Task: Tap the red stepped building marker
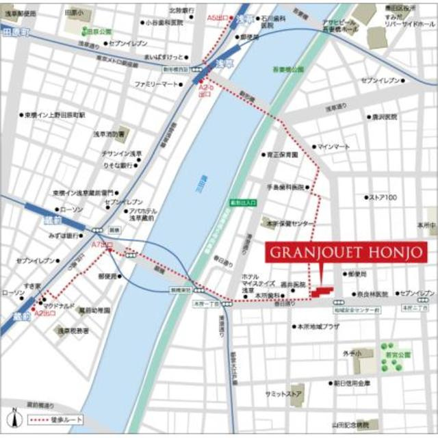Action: pos(323,292)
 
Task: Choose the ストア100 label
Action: pos(383,198)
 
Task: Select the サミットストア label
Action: pos(284,394)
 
